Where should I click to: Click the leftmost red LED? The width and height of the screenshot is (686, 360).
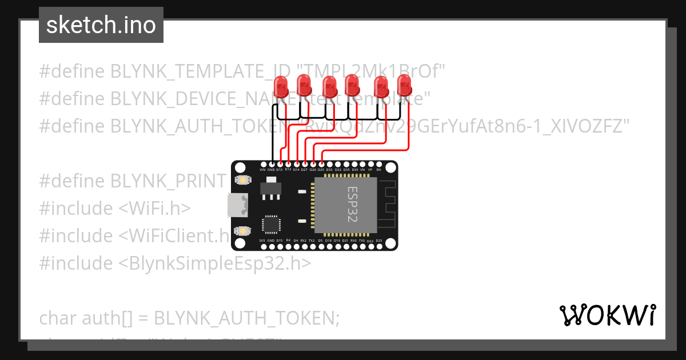coord(281,87)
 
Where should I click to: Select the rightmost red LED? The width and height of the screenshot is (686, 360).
coord(405,86)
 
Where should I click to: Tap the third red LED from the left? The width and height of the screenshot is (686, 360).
coord(329,87)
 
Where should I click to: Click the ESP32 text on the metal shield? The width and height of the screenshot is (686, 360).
coord(353,205)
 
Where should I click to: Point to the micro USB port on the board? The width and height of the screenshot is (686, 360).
coord(236,206)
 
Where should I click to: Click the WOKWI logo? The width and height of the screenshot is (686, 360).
coord(607,315)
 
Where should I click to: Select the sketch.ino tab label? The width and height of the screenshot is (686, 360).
coord(101,25)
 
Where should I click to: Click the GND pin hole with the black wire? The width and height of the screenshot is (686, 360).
coord(271,165)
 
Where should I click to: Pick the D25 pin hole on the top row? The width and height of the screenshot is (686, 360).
coord(321,165)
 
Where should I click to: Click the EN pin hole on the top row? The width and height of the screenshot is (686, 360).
coord(378,165)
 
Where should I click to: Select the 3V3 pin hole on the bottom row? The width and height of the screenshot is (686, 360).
coord(262,246)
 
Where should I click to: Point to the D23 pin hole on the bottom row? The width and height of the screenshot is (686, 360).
coord(378,246)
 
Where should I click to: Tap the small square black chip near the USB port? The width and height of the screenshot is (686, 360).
coord(271,224)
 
